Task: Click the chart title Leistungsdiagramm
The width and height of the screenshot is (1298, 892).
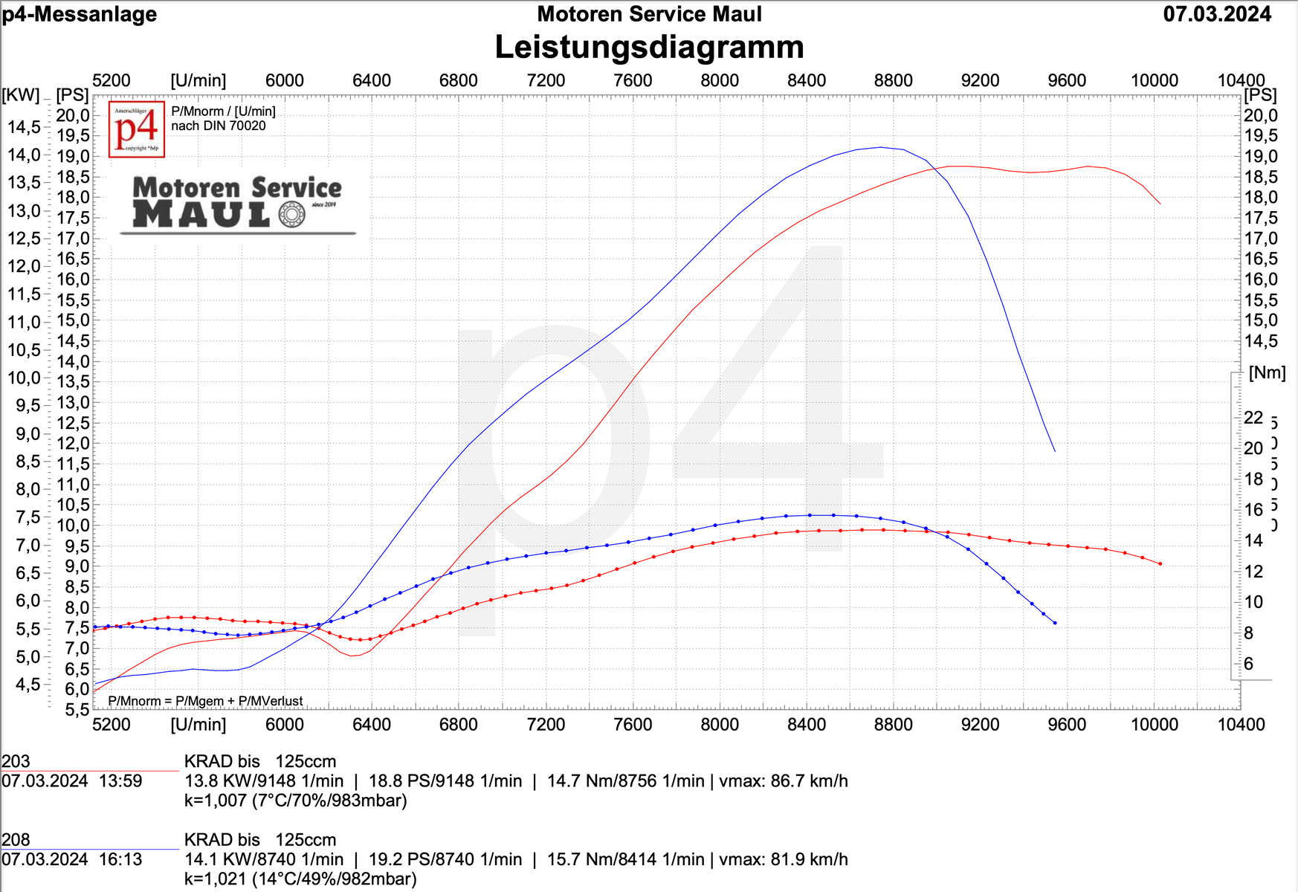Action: coord(649,47)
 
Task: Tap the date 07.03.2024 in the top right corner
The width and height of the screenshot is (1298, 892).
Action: coord(1217,14)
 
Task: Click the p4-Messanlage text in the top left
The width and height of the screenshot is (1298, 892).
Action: coord(80,14)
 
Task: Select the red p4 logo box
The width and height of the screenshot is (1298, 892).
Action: coord(137,129)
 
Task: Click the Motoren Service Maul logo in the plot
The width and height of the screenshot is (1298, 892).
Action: coord(237,203)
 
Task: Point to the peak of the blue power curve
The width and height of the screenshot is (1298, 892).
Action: coord(880,147)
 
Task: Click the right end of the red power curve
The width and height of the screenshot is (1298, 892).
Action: coord(1160,203)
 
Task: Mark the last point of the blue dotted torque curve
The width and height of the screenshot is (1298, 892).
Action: coord(1055,623)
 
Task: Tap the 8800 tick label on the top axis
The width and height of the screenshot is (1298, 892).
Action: coord(893,80)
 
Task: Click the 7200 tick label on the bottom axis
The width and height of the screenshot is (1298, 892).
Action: coord(546,724)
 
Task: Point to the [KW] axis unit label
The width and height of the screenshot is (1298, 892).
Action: coord(21,94)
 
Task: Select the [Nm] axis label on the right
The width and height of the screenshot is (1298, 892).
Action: coord(1267,372)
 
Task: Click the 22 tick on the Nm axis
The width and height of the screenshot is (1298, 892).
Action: coord(1253,418)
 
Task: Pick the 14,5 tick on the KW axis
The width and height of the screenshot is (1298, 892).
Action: coord(25,127)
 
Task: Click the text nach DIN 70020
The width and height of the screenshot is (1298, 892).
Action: coord(218,126)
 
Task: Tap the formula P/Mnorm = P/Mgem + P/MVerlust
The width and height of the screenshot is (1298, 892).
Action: coord(205,701)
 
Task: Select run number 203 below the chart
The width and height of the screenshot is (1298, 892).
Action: coord(16,761)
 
